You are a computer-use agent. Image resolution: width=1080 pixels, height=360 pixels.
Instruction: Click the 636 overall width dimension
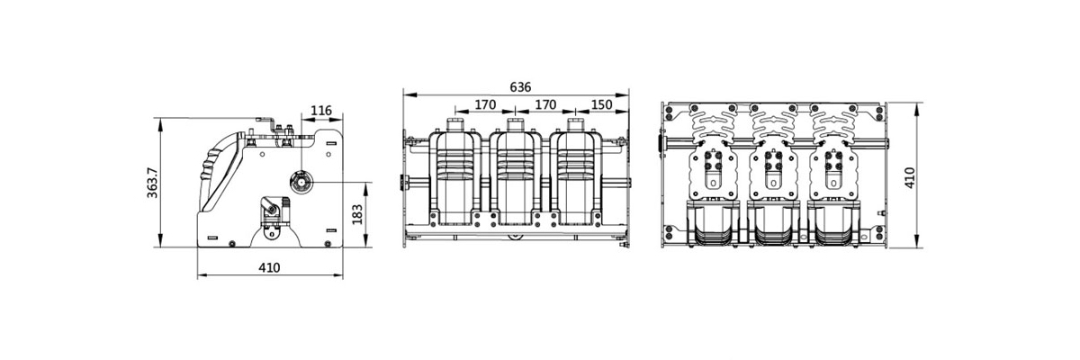click(x=520, y=86)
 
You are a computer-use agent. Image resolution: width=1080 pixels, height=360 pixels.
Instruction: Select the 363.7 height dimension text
click(x=152, y=183)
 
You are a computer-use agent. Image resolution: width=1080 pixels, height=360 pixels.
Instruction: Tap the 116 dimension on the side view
click(x=321, y=111)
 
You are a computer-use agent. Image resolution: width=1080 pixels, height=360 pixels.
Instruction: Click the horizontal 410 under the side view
click(x=269, y=267)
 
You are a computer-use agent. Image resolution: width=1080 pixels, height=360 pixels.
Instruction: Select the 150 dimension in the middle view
click(x=602, y=104)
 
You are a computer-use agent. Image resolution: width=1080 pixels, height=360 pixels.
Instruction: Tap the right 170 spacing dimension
click(x=544, y=104)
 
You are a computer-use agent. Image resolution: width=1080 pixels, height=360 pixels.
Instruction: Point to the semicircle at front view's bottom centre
click(x=515, y=236)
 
